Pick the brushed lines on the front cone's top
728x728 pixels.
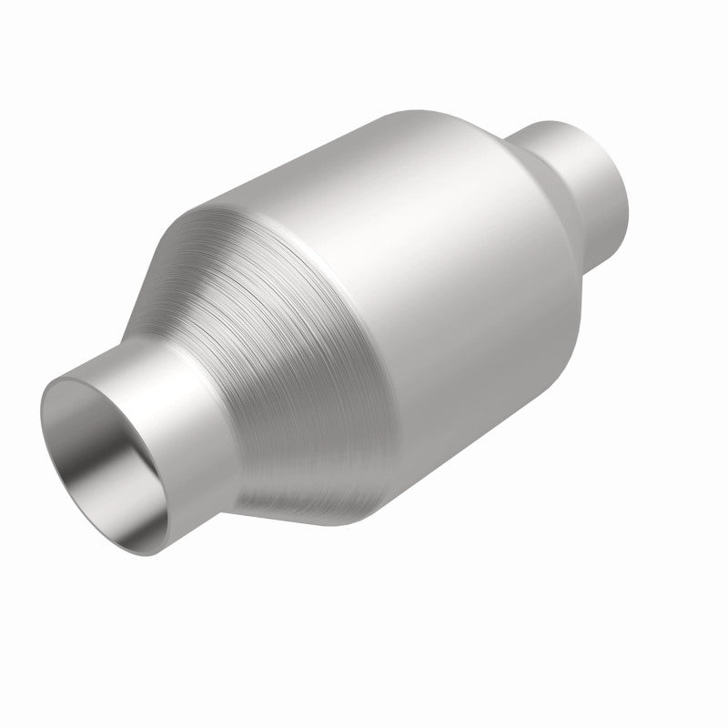pos(237,246)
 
